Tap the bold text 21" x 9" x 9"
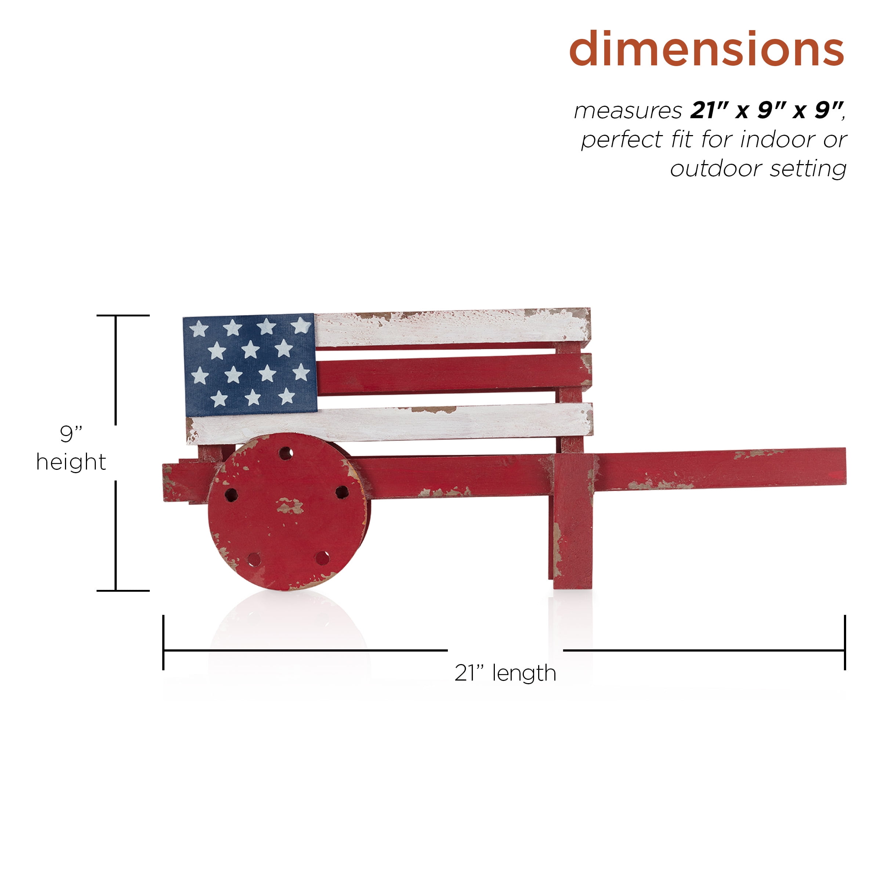point(766,110)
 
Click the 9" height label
point(71,448)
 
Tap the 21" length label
point(505,673)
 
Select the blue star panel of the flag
point(250,365)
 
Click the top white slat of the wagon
point(452,328)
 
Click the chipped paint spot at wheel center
point(289,506)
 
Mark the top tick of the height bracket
point(123,315)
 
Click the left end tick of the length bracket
point(163,643)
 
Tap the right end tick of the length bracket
point(845,643)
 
